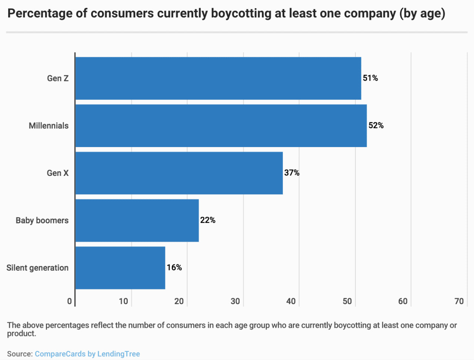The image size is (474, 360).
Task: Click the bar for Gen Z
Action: click(218, 78)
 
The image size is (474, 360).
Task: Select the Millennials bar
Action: click(221, 126)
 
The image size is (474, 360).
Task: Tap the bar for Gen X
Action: click(179, 173)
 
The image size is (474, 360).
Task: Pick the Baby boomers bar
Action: click(137, 220)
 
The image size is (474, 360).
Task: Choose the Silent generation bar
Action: click(120, 268)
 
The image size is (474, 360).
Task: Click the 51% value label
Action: click(370, 78)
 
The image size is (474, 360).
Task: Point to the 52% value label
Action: click(376, 126)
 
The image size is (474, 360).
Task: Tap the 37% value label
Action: click(292, 173)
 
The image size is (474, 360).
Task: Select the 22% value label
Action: click(208, 220)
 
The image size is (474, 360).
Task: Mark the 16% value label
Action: click(174, 268)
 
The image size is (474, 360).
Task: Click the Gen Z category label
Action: click(58, 78)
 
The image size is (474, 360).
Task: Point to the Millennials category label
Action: click(49, 126)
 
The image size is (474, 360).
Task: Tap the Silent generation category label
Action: click(37, 268)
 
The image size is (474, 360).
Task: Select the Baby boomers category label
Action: click(42, 220)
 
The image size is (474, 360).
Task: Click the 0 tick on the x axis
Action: click(70, 301)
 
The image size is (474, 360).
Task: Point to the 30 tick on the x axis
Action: click(235, 301)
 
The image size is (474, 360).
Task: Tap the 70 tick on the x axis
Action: click(459, 301)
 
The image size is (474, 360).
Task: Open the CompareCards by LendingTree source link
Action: click(87, 354)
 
